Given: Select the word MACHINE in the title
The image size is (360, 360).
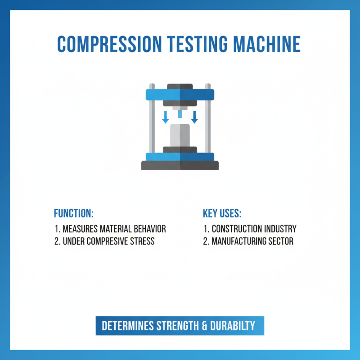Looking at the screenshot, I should (268, 44).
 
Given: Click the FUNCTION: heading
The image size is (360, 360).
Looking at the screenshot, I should (73, 213).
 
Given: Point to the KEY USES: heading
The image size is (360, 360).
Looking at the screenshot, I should (222, 213).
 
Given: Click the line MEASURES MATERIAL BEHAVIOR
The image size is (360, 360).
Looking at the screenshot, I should (110, 229).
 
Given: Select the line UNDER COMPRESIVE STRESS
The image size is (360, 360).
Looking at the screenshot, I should (104, 241).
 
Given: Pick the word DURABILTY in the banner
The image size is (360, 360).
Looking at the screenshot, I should (234, 326).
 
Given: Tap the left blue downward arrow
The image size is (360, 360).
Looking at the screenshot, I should (166, 117).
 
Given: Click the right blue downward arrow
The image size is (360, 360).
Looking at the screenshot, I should (194, 117).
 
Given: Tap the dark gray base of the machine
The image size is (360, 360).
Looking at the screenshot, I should (180, 166).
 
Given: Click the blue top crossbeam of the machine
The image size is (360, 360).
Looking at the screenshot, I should (180, 95).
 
